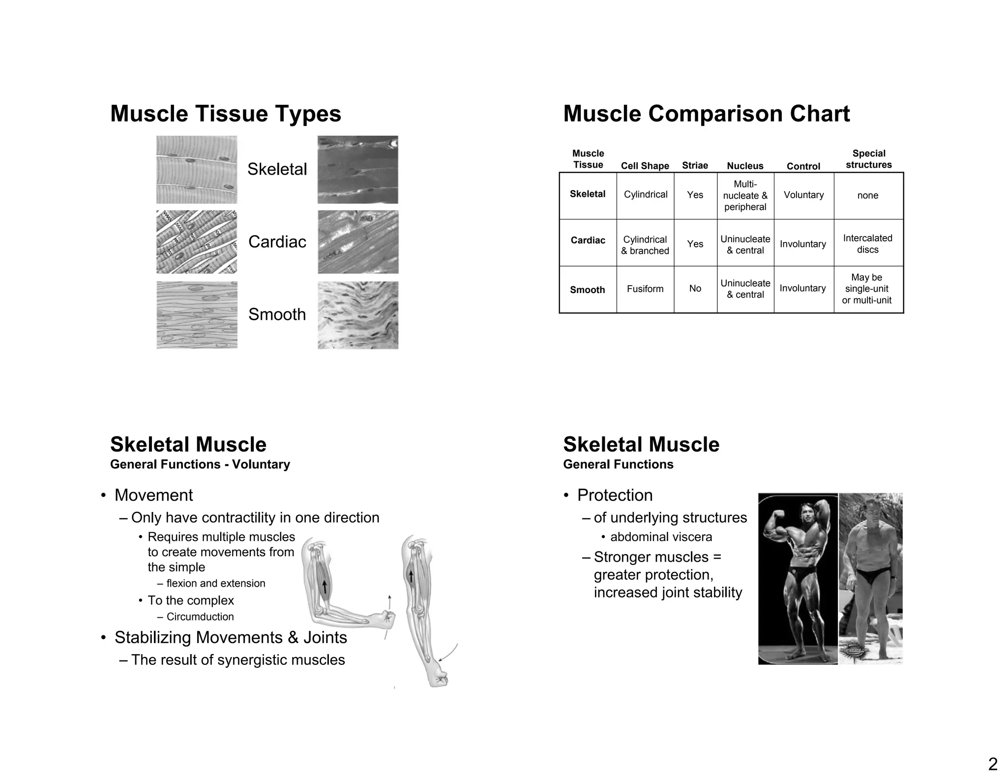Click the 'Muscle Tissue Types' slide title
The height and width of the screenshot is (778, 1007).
point(225,114)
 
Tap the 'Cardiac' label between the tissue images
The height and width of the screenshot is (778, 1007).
point(277,241)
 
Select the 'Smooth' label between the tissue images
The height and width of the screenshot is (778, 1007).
point(277,314)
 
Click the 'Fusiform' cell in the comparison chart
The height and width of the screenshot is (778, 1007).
point(645,289)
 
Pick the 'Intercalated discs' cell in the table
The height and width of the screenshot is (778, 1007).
point(867,244)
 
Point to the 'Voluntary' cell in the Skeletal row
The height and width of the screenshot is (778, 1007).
point(803,195)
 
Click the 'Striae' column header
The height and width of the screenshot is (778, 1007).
point(695,165)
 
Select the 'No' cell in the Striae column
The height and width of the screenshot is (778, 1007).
point(695,289)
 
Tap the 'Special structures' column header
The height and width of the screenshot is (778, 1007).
point(868,159)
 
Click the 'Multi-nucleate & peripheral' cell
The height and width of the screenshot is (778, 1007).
point(745,195)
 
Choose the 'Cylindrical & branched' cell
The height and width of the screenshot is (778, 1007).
point(645,245)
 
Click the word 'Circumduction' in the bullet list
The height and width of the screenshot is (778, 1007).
point(200,617)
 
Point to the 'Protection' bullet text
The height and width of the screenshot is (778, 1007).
point(615,495)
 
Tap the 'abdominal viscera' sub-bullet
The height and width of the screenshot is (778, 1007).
point(661,537)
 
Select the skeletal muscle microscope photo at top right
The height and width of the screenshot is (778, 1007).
point(357,170)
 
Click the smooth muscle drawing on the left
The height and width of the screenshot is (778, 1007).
point(197,315)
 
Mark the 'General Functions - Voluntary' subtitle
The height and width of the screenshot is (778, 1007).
point(200,464)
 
